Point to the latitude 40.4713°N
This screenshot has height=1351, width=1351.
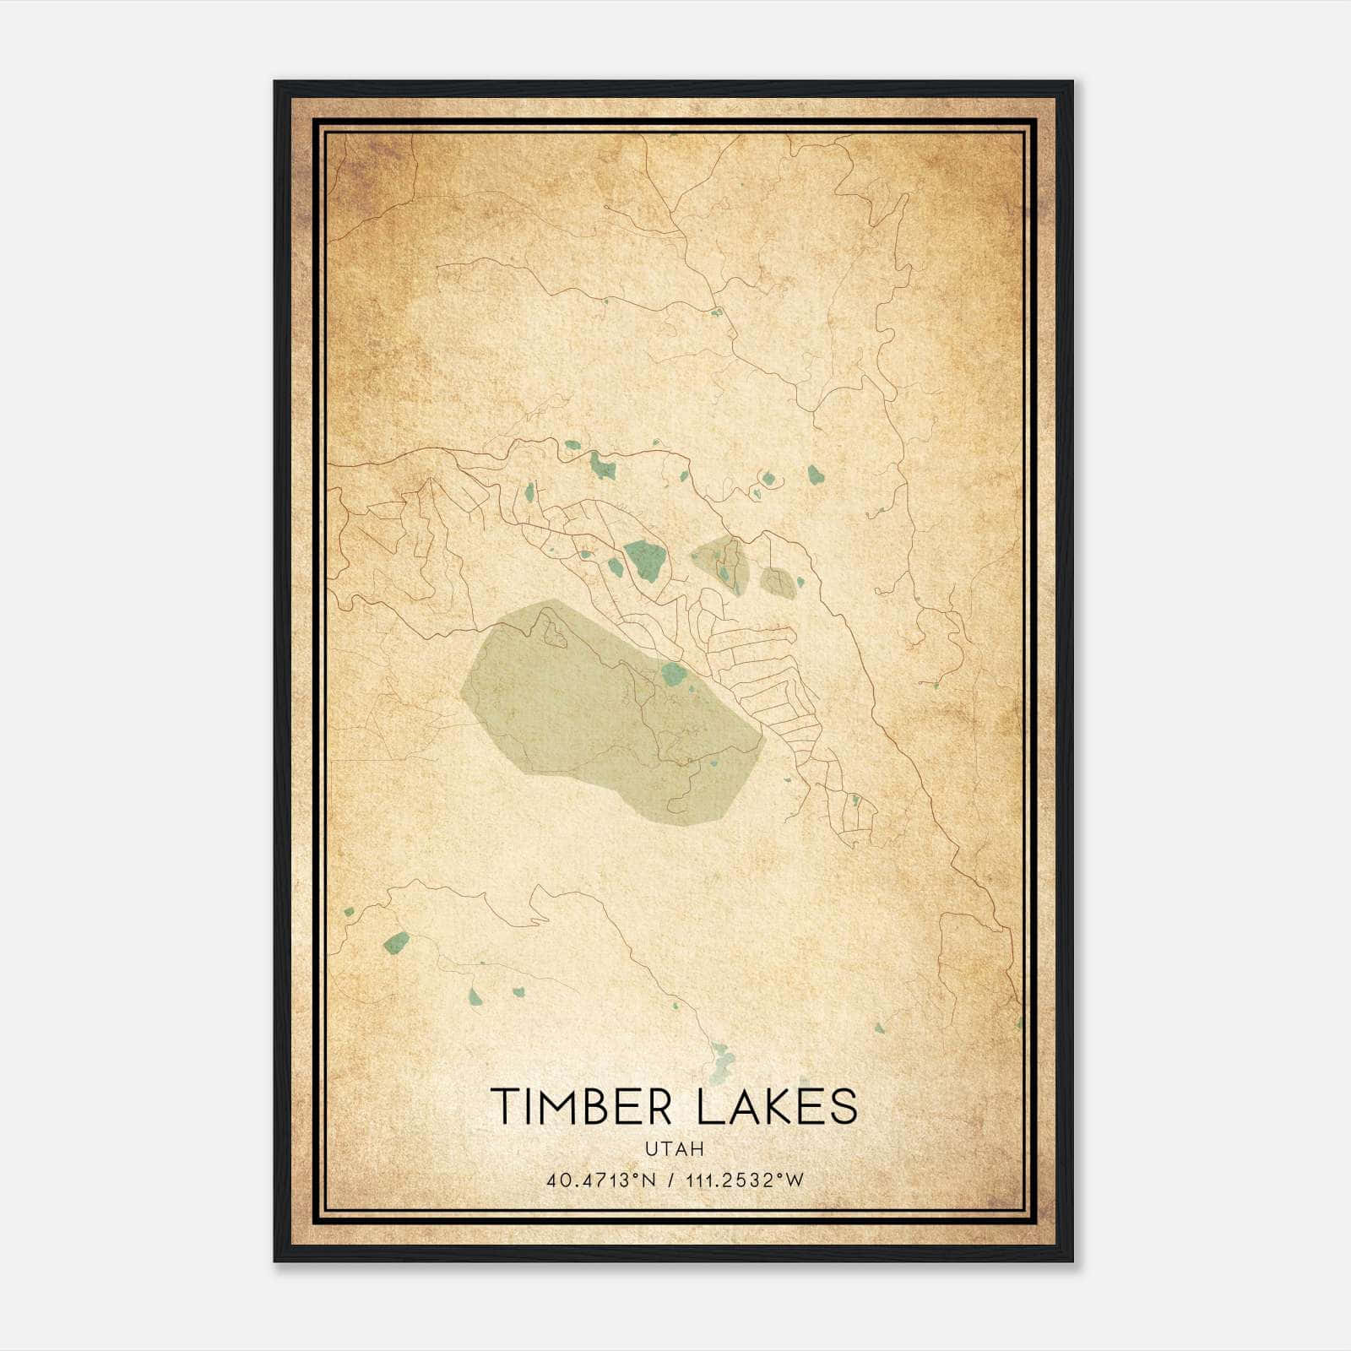(x=601, y=1180)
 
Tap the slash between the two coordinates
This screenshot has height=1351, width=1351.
(x=672, y=1180)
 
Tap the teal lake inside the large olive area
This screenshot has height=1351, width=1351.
(x=673, y=673)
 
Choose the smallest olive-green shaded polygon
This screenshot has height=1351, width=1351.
(x=778, y=582)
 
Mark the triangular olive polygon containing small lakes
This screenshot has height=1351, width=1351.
(x=723, y=562)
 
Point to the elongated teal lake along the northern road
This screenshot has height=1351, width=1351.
(x=603, y=464)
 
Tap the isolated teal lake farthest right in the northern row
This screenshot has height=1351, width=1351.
(x=814, y=475)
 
